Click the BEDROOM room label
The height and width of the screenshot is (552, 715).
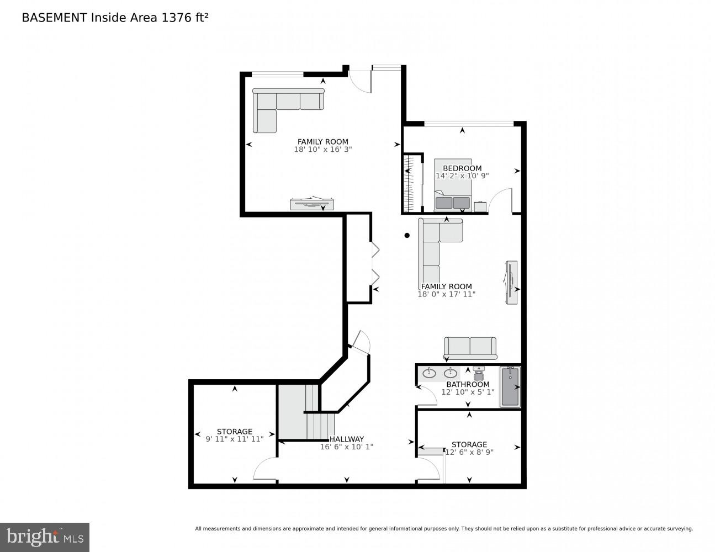coord(462,168)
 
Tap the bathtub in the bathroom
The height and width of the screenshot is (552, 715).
coord(510,387)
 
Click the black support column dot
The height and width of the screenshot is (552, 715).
coord(407,235)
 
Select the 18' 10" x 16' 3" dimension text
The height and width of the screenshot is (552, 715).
coord(322,149)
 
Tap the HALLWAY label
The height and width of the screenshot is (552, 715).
coord(347,439)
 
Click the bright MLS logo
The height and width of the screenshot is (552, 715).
coord(45,537)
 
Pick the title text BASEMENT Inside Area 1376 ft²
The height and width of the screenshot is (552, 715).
coord(115,18)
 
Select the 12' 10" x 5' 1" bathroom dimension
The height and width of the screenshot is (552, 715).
coord(468,392)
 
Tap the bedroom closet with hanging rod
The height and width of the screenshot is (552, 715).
coord(412,183)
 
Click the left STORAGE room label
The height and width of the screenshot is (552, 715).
coord(234,432)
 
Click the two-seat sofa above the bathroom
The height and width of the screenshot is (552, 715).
coord(470,348)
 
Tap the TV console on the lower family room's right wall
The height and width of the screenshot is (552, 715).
coord(511,282)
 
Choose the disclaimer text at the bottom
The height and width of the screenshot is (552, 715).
coord(443,529)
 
